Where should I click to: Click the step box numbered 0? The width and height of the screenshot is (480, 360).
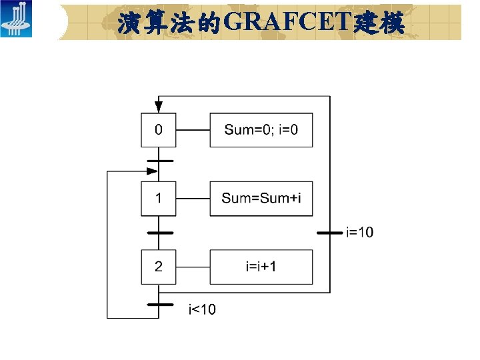pos(159,130)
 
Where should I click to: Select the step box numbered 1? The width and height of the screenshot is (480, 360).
pos(159,198)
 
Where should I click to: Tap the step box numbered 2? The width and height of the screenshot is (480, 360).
pos(159,267)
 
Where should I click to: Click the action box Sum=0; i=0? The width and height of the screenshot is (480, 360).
pos(261,130)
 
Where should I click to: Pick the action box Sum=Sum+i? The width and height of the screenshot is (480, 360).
pos(261,198)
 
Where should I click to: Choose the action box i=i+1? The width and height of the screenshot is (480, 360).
pos(261,267)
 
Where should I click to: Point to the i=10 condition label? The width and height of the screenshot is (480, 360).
pos(360,232)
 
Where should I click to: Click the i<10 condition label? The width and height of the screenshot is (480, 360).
pos(202,309)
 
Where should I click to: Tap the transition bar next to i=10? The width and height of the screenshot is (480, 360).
pos(330,233)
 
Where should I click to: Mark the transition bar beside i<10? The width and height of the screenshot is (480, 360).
pos(159,305)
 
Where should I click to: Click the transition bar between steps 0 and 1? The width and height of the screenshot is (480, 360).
pos(159,161)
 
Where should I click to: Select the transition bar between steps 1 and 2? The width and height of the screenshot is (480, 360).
pos(159,233)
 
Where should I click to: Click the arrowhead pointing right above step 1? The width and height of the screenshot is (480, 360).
pos(153,171)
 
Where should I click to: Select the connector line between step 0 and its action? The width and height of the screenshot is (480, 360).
pos(193,130)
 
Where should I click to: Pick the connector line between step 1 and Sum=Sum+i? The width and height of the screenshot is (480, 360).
pos(193,198)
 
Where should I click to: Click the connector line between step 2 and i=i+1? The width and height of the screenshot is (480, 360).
pos(193,267)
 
